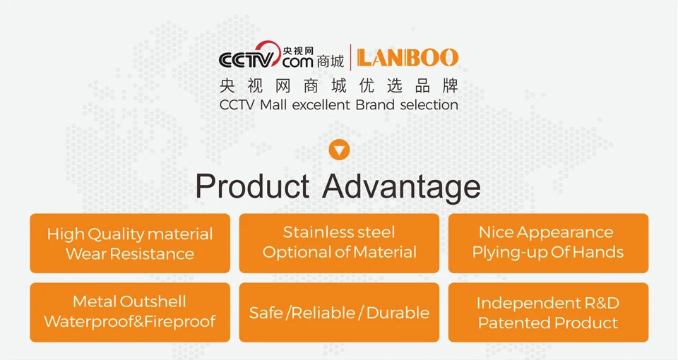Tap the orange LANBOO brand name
click(408, 58)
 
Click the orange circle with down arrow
click(339, 150)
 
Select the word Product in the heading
click(252, 186)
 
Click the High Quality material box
click(130, 244)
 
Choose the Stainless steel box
click(339, 244)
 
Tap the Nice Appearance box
click(548, 244)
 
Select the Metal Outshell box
click(130, 313)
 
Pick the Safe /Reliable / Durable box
click(339, 313)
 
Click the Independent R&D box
click(548, 313)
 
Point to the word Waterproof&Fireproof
click(130, 322)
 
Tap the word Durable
click(398, 313)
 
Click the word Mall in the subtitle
click(273, 104)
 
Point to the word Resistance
click(152, 253)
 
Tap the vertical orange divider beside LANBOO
click(350, 57)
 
